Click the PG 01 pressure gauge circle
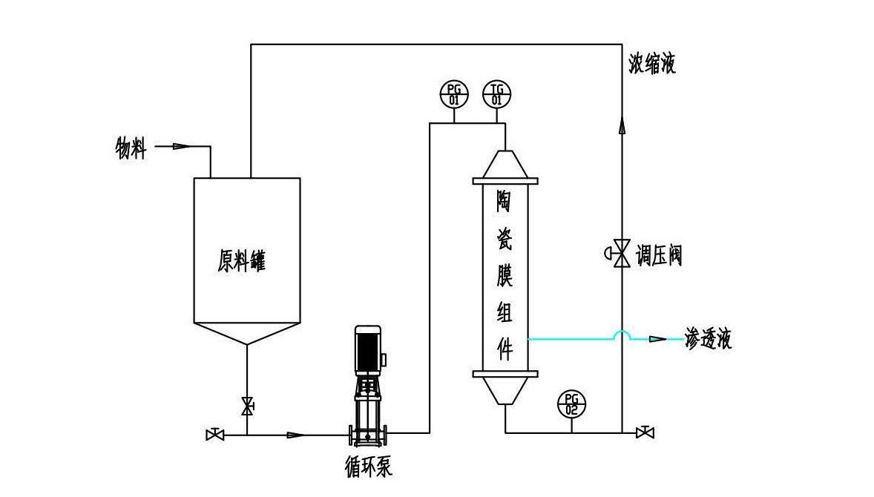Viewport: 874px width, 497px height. point(454,95)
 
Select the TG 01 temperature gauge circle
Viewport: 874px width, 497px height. point(497,95)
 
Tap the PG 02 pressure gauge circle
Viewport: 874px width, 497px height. point(571,404)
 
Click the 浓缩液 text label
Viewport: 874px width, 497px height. point(648,65)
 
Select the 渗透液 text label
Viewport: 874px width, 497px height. point(708,340)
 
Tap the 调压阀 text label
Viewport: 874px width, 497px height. point(658,256)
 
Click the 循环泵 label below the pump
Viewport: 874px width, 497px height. point(369,467)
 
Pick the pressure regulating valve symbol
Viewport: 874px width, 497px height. point(620,253)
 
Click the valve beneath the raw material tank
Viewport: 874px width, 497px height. point(247,407)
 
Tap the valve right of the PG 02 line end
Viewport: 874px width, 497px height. point(645,432)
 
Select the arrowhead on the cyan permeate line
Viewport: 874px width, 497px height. point(657,339)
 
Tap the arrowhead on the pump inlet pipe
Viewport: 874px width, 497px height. point(295,435)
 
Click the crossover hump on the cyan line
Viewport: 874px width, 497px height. point(622,335)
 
